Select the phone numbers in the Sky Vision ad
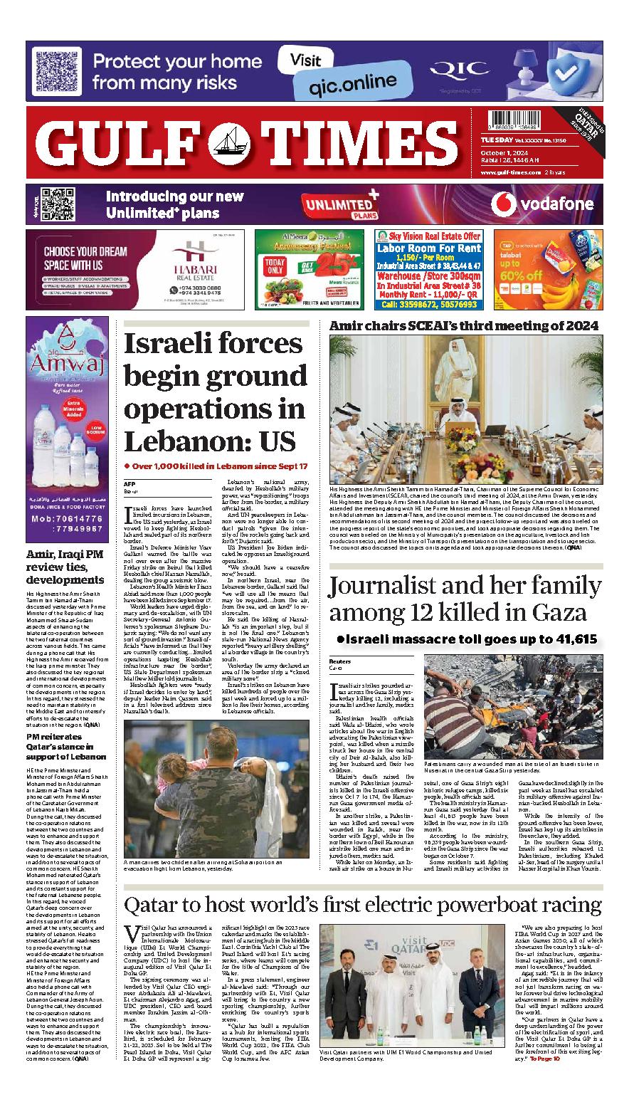coord(430,303)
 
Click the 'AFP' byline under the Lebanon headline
coord(129,484)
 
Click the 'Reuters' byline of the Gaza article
coord(340,661)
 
